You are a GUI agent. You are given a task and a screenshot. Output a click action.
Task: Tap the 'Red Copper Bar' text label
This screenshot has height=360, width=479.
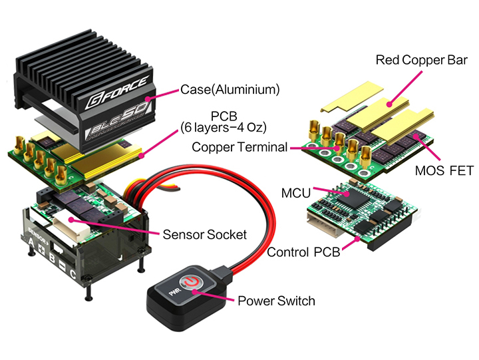(x=422, y=60)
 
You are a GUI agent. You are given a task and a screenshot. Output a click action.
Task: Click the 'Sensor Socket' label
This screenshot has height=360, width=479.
(x=204, y=234)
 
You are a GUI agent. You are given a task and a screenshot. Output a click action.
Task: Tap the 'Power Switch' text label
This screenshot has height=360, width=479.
(x=276, y=301)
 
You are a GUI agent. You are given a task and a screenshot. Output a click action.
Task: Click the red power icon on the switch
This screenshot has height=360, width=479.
(x=191, y=283)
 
